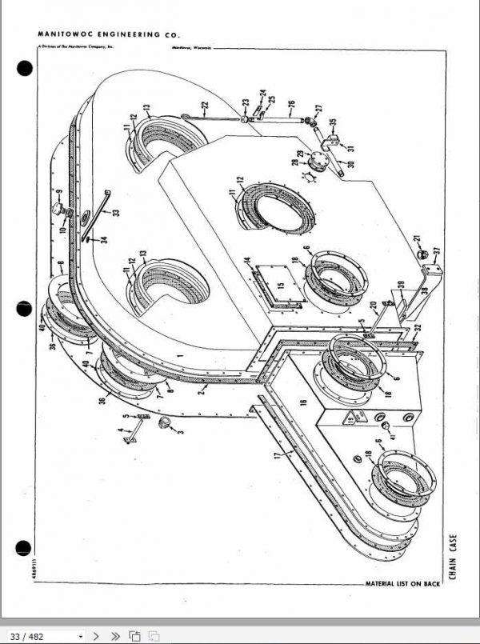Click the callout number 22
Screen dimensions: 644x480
pyautogui.click(x=205, y=105)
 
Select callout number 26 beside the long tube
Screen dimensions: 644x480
pyautogui.click(x=291, y=103)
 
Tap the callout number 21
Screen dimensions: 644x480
pyautogui.click(x=417, y=239)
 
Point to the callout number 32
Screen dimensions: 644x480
pyautogui.click(x=418, y=327)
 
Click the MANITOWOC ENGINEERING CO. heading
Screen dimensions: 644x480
pyautogui.click(x=109, y=35)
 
